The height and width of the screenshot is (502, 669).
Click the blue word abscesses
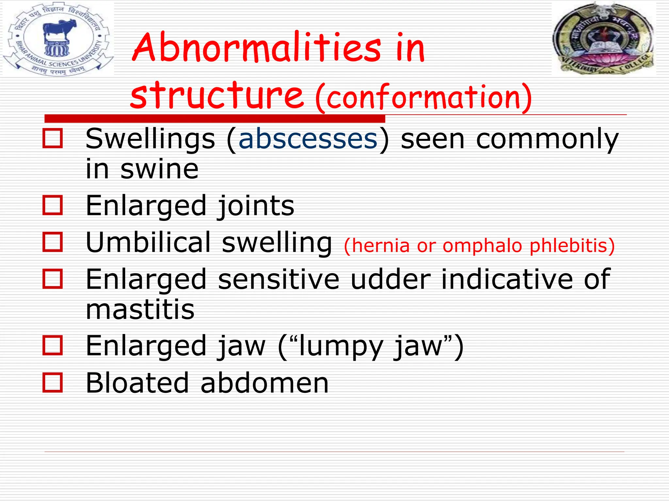pyautogui.click(x=308, y=140)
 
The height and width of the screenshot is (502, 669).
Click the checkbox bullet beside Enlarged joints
pyautogui.click(x=53, y=205)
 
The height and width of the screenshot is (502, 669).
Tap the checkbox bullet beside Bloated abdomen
pyautogui.click(x=53, y=382)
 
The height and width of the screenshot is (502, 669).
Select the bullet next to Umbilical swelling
pyautogui.click(x=53, y=242)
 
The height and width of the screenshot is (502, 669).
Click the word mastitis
pyautogui.click(x=140, y=309)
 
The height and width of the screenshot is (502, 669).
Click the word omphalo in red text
pyautogui.click(x=482, y=245)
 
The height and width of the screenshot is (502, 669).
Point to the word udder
pyautogui.click(x=391, y=279)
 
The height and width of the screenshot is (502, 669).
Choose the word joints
pyautogui.click(x=256, y=206)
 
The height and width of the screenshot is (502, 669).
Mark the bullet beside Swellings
pyautogui.click(x=53, y=139)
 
